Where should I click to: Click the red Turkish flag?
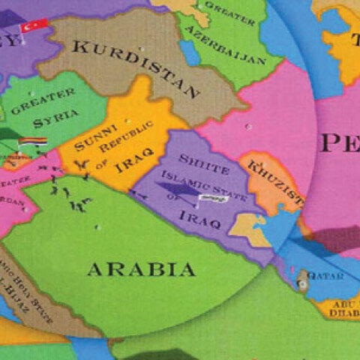click(x=34, y=26)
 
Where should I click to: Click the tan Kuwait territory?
click(x=251, y=224)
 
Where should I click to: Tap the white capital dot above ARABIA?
click(x=97, y=226)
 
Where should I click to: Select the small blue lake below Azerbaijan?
click(x=189, y=54)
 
